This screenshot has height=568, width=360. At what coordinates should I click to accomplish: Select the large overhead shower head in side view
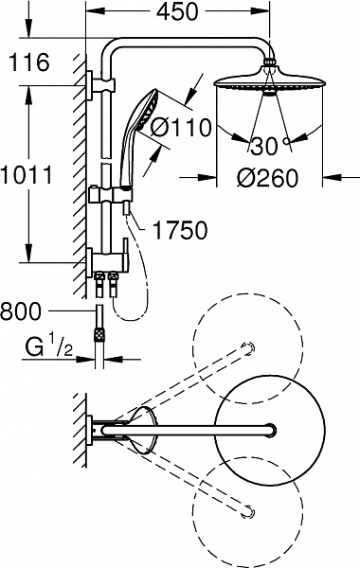(271, 83)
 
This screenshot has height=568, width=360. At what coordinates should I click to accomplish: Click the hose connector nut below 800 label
(99, 333)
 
